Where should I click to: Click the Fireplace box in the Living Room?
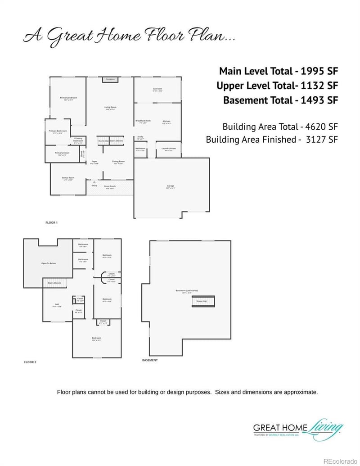coord(110,79)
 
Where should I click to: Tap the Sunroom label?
coord(157,90)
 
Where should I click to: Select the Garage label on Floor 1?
coord(171,186)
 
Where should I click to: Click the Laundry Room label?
coord(169,149)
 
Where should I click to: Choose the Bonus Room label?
coord(68,179)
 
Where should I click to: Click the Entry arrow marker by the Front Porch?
coord(94,182)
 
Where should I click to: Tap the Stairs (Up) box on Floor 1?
coord(103,141)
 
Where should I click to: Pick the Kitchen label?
coord(166,122)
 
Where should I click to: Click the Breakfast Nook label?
coord(143,122)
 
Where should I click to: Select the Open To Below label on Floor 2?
coord(49,263)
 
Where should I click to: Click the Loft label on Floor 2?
coord(57,305)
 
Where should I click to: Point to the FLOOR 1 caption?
coord(52,222)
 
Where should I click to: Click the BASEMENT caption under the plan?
coord(150,360)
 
